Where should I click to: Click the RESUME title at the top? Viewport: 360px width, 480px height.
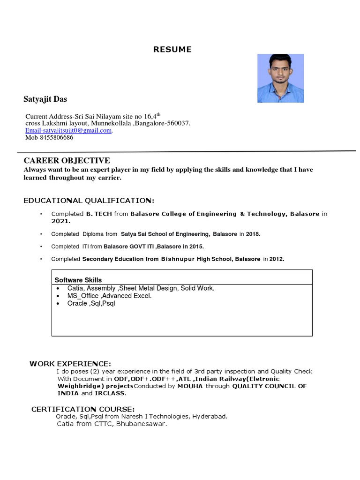click(172, 50)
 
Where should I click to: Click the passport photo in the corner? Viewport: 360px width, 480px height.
click(280, 78)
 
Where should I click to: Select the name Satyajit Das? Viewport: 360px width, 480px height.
click(45, 99)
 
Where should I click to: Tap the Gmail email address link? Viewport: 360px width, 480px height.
click(69, 130)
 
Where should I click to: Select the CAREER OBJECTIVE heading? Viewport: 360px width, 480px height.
click(67, 161)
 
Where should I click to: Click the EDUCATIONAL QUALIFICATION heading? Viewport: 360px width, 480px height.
click(89, 201)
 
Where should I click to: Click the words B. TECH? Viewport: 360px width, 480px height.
click(99, 214)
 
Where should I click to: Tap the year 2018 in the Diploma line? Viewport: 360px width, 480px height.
click(252, 234)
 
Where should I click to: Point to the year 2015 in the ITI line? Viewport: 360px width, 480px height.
click(195, 246)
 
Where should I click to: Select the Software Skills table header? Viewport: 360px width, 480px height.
click(78, 280)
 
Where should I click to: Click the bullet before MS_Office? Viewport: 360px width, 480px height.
click(57, 296)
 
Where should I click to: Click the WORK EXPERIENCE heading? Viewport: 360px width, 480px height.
click(70, 364)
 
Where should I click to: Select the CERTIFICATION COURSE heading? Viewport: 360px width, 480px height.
click(83, 409)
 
